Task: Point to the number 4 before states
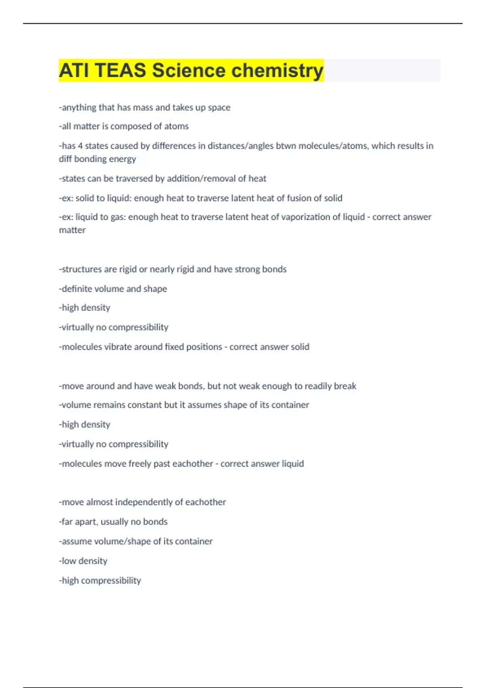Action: (80, 146)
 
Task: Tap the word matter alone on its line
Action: (72, 230)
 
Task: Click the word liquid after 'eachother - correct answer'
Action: (292, 463)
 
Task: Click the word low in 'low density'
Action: (68, 561)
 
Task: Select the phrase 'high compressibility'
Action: (101, 580)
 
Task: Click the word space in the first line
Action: (219, 108)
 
